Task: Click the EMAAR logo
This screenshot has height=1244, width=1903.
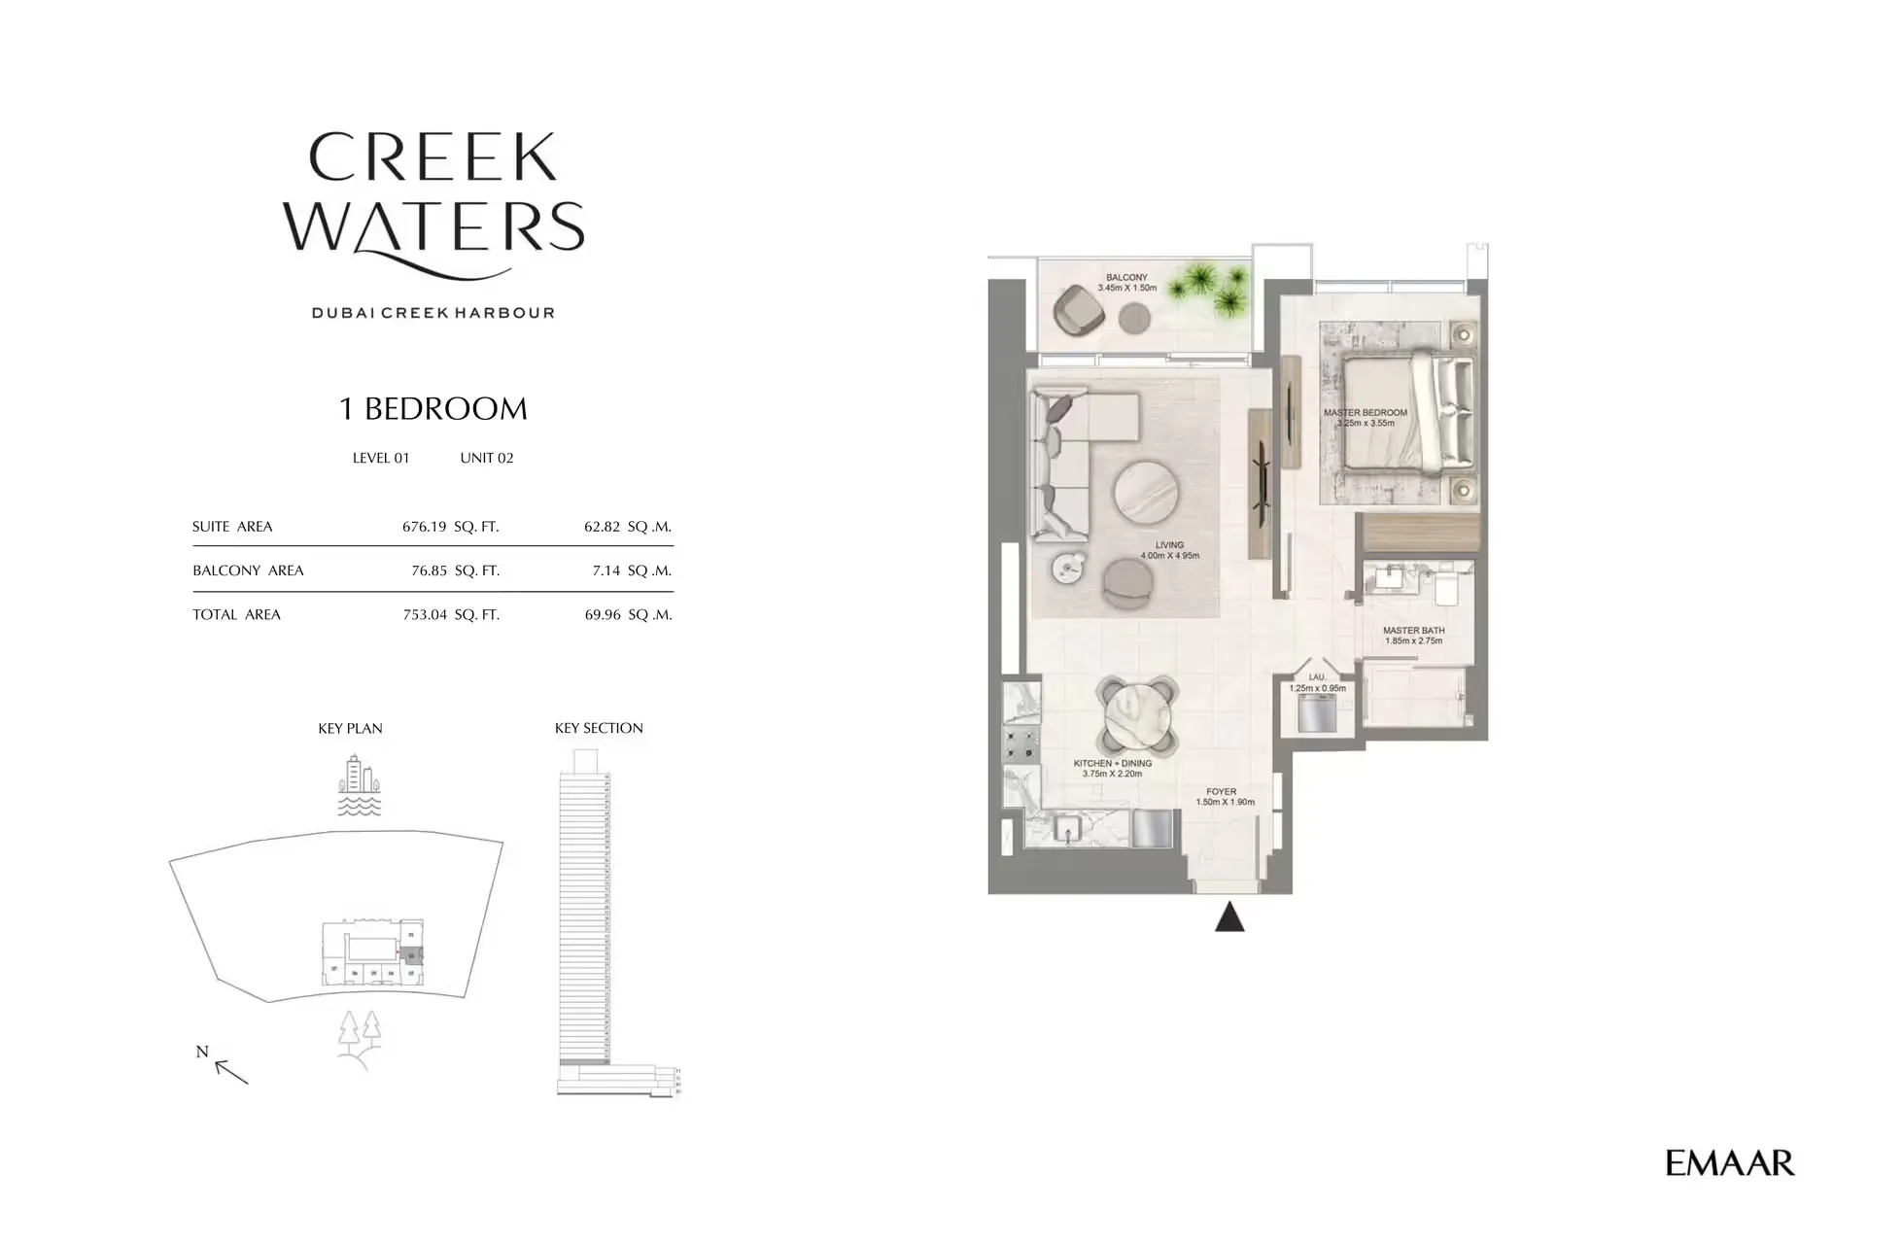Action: (1729, 1162)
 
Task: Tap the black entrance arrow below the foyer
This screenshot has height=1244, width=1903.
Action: (1229, 918)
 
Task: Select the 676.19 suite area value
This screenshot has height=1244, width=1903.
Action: (425, 527)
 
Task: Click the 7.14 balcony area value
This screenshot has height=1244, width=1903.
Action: (606, 570)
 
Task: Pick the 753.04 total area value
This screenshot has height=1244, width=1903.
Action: (425, 614)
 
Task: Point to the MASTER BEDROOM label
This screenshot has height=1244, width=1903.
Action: (1365, 413)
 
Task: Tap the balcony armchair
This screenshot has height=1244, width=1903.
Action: (1078, 308)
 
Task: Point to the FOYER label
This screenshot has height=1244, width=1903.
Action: (1221, 792)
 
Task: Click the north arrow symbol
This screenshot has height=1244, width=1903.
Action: (229, 1069)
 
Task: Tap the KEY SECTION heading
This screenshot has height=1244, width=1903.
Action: (599, 728)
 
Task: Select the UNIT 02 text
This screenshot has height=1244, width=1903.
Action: (486, 458)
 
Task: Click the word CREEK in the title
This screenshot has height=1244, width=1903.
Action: (433, 158)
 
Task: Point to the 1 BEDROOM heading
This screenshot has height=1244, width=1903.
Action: (432, 409)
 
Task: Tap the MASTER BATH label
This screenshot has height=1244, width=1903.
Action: (1413, 631)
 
